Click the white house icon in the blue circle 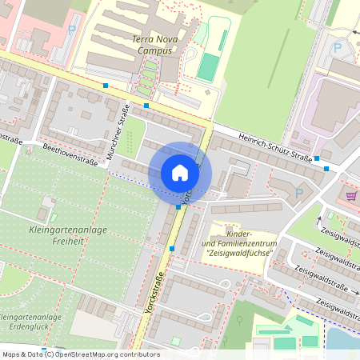[180, 172]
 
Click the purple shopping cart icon [350, 194]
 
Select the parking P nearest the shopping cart [299, 192]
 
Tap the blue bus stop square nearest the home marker [178, 207]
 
